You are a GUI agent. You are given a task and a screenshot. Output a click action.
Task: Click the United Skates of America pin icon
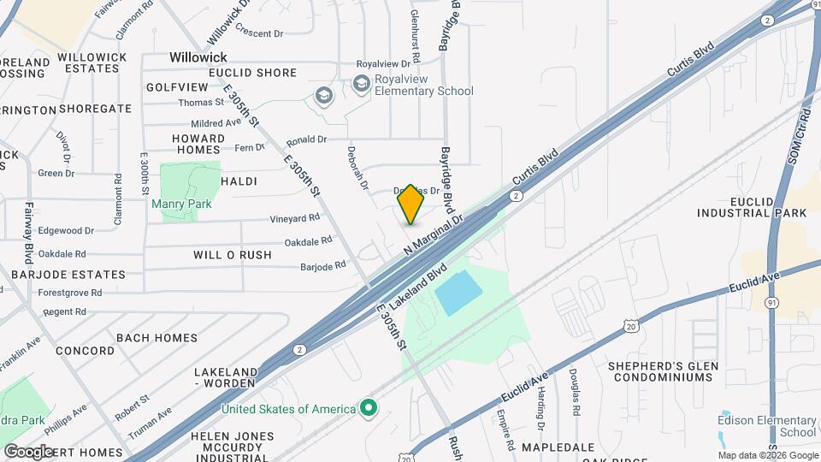click(x=369, y=409)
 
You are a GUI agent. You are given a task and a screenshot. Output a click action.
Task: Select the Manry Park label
click(x=180, y=204)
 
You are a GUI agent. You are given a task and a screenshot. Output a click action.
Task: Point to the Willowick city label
click(x=197, y=56)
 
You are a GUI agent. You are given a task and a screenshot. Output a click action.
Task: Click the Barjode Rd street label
click(x=322, y=266)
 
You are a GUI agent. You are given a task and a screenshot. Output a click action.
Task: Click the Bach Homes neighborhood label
click(x=157, y=338)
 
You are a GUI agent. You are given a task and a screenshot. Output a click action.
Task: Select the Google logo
click(x=29, y=451)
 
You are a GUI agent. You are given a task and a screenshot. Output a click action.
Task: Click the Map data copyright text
click(x=768, y=455)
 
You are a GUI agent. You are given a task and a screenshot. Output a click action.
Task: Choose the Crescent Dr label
click(x=258, y=33)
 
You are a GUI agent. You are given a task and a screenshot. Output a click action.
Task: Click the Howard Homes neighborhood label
click(x=198, y=144)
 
